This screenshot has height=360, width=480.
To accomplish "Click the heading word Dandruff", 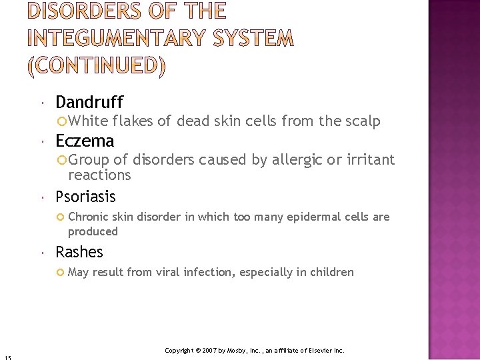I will coord(89,102).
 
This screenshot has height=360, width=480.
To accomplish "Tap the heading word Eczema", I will coord(85,141).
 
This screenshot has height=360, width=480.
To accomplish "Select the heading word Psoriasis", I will coord(85,197).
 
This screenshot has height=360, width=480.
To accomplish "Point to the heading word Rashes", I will coord(79,252).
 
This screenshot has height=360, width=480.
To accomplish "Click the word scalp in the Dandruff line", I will coord(363,121).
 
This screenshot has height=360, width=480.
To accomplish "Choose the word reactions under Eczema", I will coord(99,175).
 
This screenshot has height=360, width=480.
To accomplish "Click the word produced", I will coord(93,231).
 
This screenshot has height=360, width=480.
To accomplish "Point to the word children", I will coord(331,272).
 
